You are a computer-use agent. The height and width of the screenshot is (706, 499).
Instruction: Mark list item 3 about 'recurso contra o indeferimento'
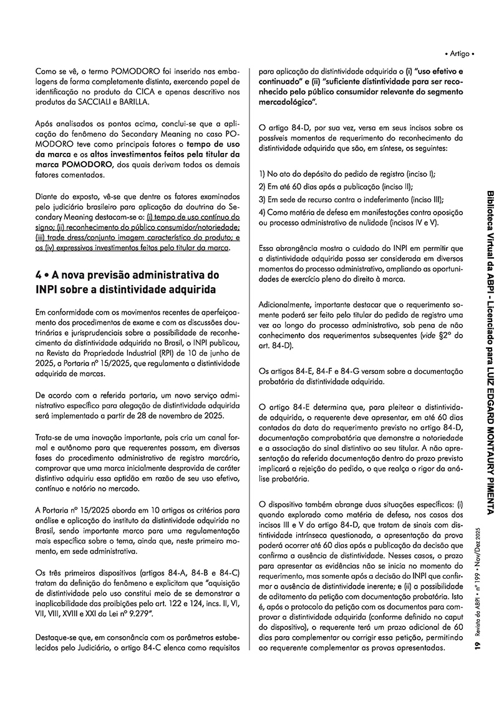(349, 200)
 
